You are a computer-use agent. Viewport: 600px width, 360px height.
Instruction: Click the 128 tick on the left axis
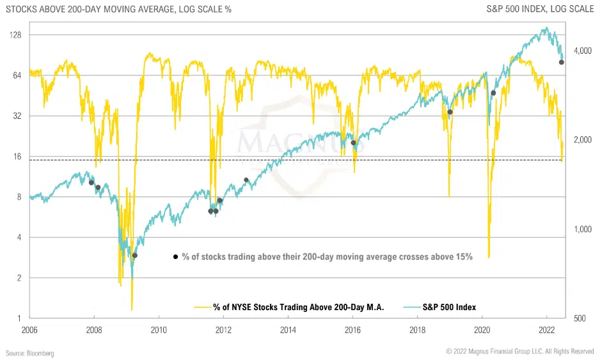(15, 35)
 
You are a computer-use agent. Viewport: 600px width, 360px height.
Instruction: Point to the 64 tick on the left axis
(17, 75)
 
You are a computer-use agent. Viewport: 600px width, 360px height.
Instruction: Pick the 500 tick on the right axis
(581, 318)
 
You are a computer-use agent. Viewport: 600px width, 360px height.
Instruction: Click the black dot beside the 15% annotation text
(175, 257)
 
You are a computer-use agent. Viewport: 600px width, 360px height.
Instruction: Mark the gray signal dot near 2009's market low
(134, 255)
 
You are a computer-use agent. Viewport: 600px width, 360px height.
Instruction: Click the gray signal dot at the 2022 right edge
(562, 62)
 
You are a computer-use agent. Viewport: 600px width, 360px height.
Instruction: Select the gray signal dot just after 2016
(353, 143)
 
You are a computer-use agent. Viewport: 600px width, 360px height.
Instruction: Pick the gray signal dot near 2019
(450, 112)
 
